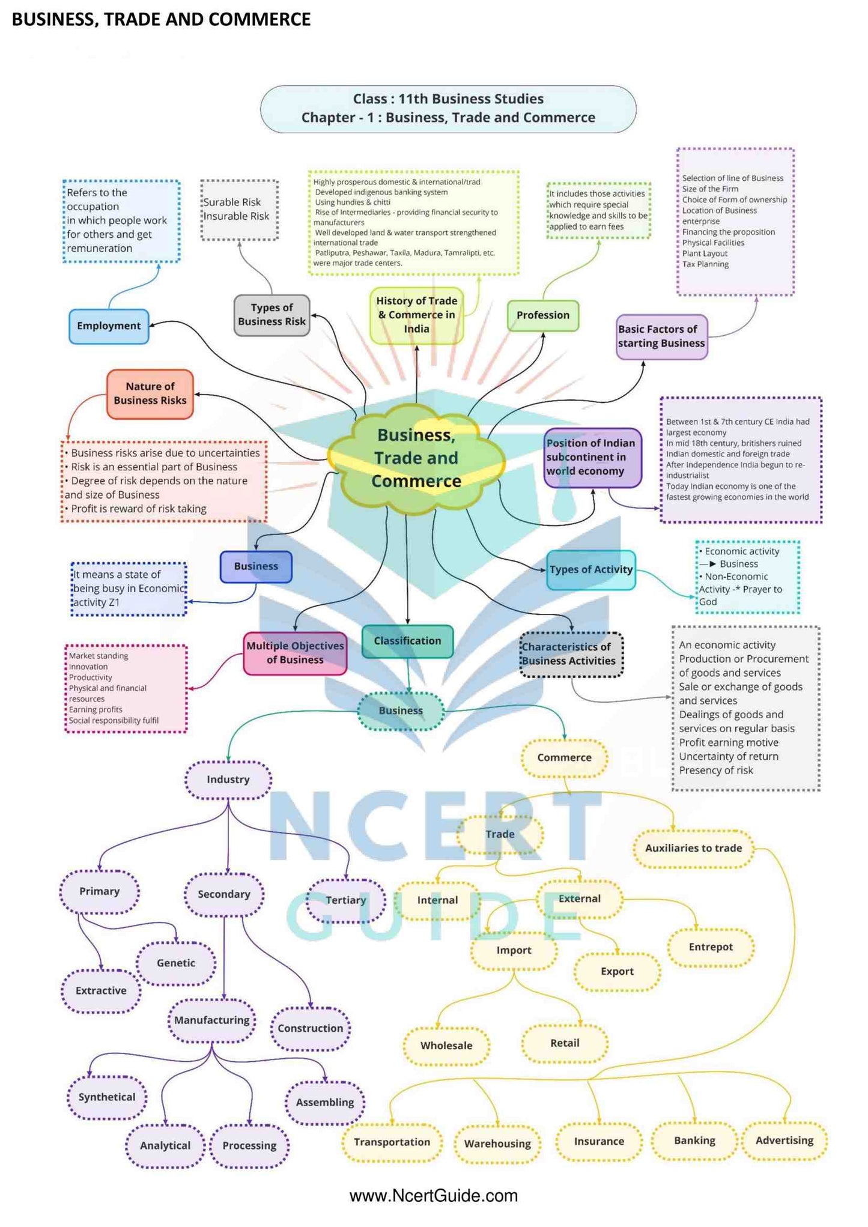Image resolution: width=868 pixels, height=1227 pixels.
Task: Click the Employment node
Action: click(109, 326)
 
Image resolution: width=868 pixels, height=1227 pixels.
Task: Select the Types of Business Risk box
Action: click(272, 315)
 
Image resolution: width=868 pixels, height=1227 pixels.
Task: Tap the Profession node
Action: click(542, 315)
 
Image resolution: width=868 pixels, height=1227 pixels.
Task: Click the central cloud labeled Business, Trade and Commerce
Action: click(416, 458)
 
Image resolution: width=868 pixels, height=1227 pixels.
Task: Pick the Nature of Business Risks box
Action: click(150, 393)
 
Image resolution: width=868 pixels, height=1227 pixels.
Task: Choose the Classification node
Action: click(407, 641)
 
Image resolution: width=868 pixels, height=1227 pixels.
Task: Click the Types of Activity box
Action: click(591, 569)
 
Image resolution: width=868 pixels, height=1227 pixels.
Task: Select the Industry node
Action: click(228, 780)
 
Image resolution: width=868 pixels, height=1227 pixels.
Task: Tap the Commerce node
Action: click(564, 758)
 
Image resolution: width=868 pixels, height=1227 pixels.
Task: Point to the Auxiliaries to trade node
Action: click(693, 848)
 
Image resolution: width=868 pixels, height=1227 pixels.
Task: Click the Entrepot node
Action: click(711, 947)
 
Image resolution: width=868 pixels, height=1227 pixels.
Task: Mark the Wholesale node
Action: click(446, 1046)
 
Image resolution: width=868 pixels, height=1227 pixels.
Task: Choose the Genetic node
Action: click(176, 963)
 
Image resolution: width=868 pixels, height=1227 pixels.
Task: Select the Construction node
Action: click(310, 1028)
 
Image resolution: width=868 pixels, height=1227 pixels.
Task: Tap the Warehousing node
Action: click(497, 1144)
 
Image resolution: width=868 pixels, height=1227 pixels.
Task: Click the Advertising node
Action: click(784, 1141)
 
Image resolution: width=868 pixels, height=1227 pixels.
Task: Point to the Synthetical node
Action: click(107, 1097)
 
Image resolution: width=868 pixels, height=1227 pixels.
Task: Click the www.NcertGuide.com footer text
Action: click(433, 1196)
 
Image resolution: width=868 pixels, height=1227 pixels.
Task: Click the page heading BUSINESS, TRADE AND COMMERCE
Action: click(161, 19)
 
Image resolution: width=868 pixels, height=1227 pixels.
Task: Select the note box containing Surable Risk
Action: click(239, 210)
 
